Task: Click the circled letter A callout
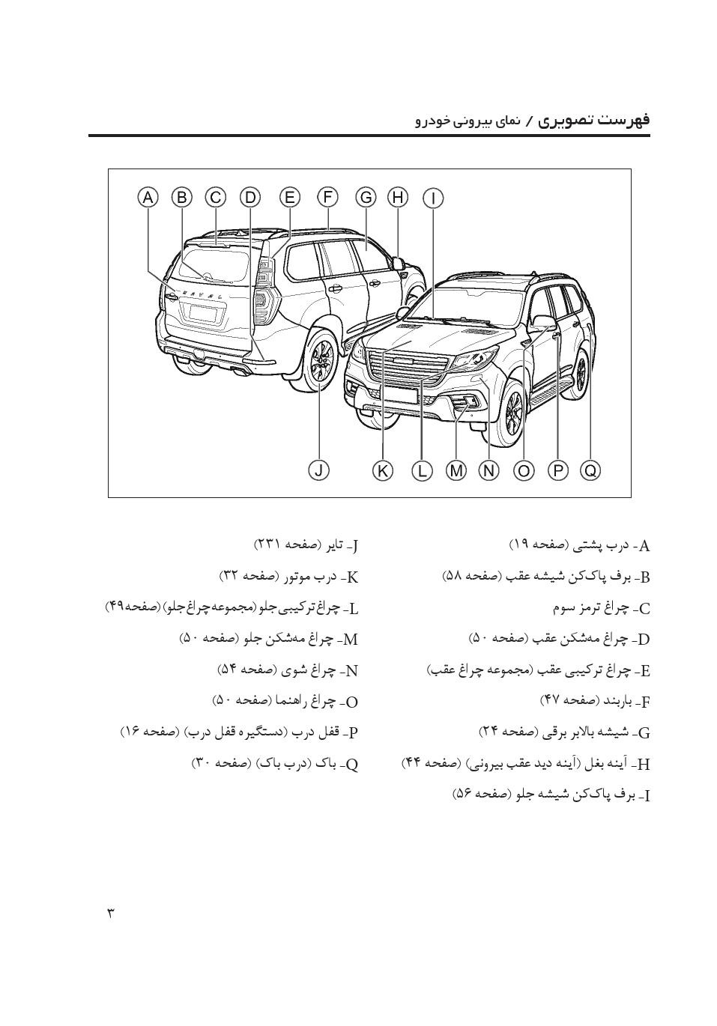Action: (x=148, y=198)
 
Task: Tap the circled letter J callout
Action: (x=319, y=470)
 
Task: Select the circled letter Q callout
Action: (x=591, y=470)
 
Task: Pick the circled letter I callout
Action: (x=433, y=198)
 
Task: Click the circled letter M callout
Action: (x=456, y=470)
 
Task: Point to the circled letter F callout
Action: (x=327, y=198)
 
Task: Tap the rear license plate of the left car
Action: (x=206, y=313)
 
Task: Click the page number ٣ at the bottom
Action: (x=111, y=913)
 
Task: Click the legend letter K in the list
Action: (x=352, y=577)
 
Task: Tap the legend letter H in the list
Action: (x=643, y=765)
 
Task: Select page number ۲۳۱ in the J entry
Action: (x=267, y=544)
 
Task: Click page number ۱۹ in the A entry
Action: (x=520, y=544)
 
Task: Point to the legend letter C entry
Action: (x=643, y=609)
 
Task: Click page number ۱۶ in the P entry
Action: (x=131, y=731)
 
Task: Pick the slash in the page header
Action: (x=529, y=121)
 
